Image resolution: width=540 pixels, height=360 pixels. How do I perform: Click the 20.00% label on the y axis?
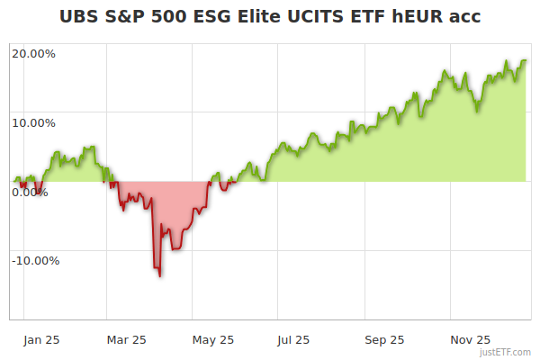point(33,53)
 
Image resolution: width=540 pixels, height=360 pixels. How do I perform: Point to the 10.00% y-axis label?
point(33,122)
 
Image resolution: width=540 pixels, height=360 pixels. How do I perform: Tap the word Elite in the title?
point(262,16)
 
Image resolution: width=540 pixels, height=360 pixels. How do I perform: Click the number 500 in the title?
point(168,16)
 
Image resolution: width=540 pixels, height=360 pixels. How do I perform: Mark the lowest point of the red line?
point(160,276)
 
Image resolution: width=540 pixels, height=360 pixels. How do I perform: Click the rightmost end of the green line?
point(526,61)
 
